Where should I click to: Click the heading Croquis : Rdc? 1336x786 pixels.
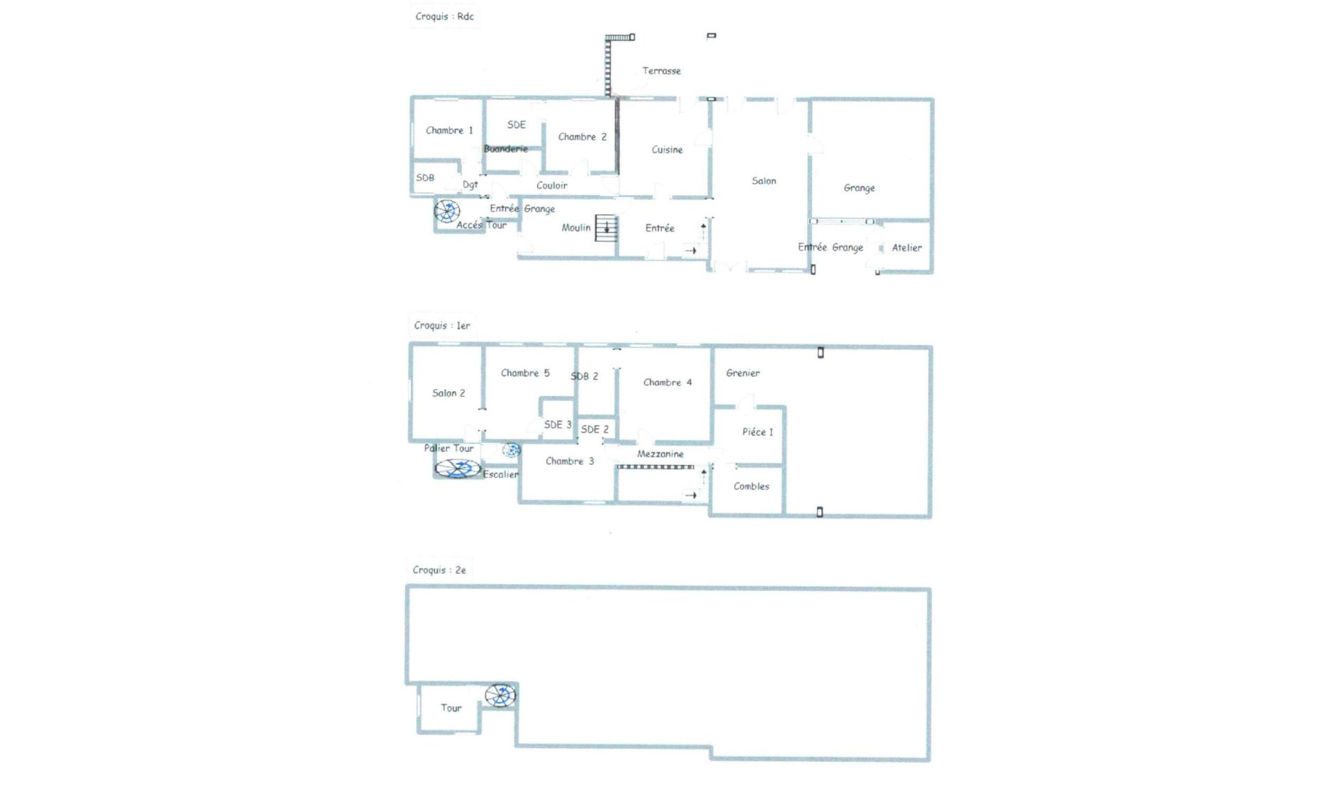[444, 16]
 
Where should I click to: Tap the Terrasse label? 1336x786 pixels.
[661, 70]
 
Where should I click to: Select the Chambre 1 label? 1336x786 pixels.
[449, 130]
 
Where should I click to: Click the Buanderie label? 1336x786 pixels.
[506, 148]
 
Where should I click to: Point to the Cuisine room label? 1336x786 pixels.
[667, 150]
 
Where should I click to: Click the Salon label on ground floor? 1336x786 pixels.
[763, 181]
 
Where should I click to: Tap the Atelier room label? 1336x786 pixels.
[906, 248]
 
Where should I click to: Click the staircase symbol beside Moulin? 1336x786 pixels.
[606, 228]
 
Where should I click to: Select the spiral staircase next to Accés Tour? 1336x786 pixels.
[447, 210]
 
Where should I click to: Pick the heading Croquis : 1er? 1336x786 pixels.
[442, 325]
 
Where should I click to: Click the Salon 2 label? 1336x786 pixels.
[448, 393]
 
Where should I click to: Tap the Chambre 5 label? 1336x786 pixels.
[525, 373]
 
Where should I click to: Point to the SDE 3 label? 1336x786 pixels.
[557, 425]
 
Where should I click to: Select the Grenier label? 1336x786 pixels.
[742, 373]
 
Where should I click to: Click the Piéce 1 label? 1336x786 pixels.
[757, 432]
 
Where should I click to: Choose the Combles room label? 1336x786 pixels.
[751, 487]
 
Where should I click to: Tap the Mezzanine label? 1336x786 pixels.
[660, 454]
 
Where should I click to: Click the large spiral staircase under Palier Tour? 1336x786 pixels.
[457, 469]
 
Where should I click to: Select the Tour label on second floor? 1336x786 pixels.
[451, 708]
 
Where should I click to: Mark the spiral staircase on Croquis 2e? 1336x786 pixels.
[500, 695]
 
